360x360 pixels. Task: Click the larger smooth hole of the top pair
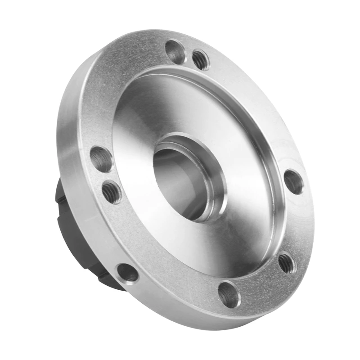pos(175,52)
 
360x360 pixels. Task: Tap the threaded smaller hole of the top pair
pos(201,60)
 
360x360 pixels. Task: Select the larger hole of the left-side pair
pos(101,159)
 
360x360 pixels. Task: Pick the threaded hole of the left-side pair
pos(112,192)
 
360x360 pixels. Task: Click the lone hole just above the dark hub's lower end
pos(127,273)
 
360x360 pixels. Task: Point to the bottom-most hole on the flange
pos(229,294)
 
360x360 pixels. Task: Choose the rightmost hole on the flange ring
pos(293,181)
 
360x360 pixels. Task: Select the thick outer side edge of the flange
pos(72,180)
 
